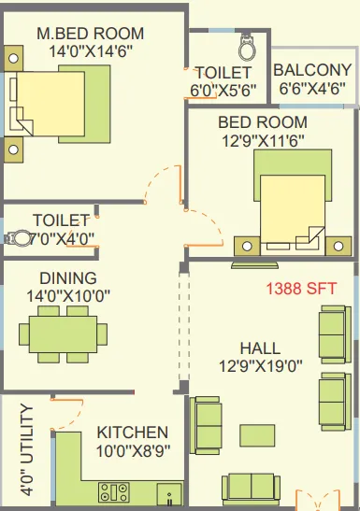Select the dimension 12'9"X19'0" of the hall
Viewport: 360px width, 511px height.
[258, 365]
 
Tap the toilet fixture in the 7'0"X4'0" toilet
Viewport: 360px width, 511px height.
[16, 238]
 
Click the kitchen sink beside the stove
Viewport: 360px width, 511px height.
[168, 492]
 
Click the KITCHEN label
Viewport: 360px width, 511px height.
[133, 433]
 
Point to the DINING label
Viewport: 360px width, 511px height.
[67, 278]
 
